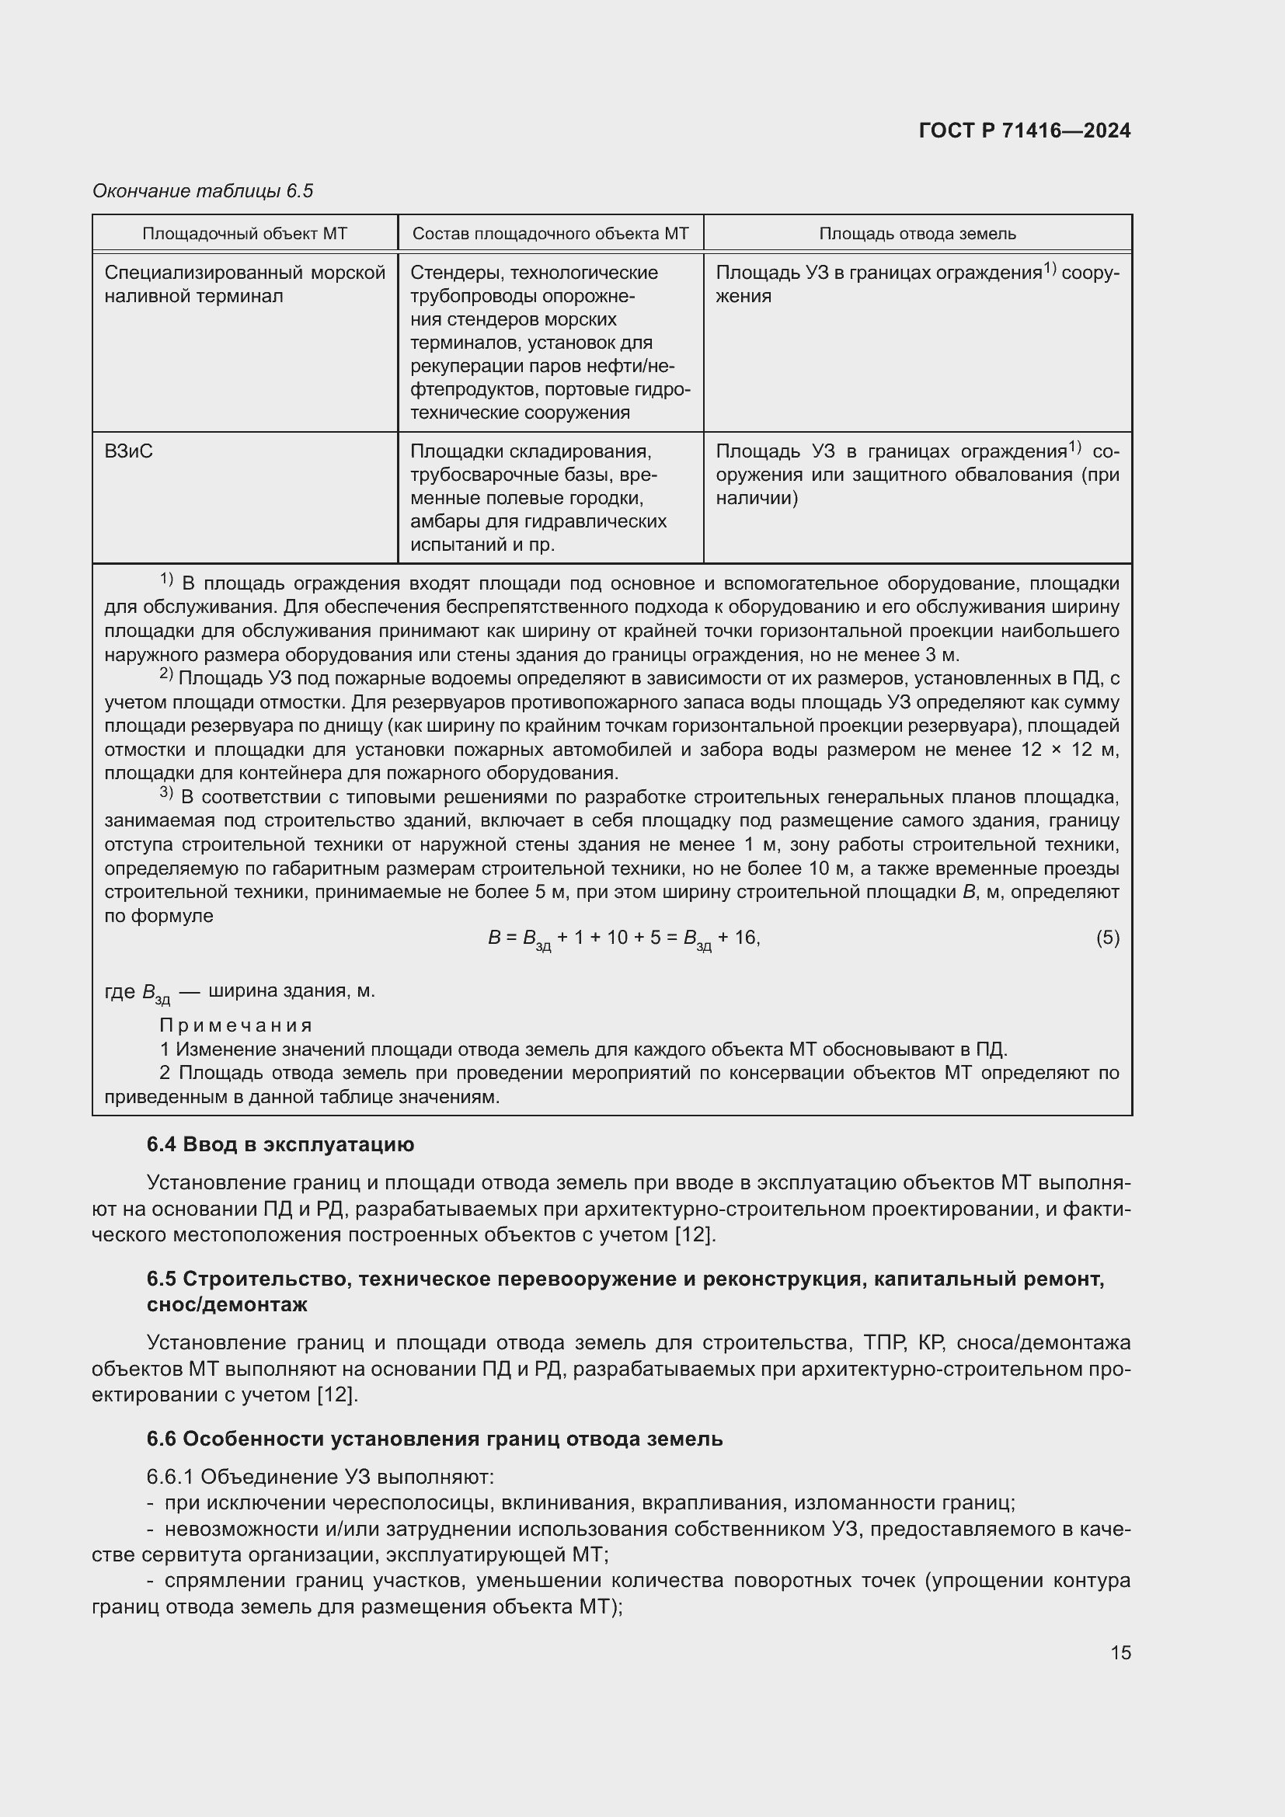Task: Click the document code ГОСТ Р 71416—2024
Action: pyautogui.click(x=1025, y=131)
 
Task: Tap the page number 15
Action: pyautogui.click(x=1120, y=1652)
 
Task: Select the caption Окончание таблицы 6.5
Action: pyautogui.click(x=203, y=191)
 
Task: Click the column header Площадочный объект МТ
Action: pyautogui.click(x=245, y=234)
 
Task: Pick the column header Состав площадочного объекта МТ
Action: pyautogui.click(x=551, y=234)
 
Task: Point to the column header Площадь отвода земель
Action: pyautogui.click(x=917, y=234)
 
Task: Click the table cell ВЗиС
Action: pyautogui.click(x=129, y=451)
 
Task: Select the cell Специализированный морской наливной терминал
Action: pyautogui.click(x=245, y=284)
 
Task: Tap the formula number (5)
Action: pyautogui.click(x=1107, y=938)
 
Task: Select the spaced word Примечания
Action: pyautogui.click(x=236, y=1025)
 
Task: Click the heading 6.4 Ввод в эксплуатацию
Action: pyautogui.click(x=280, y=1145)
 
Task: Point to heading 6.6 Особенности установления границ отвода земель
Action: pyautogui.click(x=434, y=1439)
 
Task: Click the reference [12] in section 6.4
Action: pyautogui.click(x=694, y=1234)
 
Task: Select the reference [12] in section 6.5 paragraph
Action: pyautogui.click(x=337, y=1394)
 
